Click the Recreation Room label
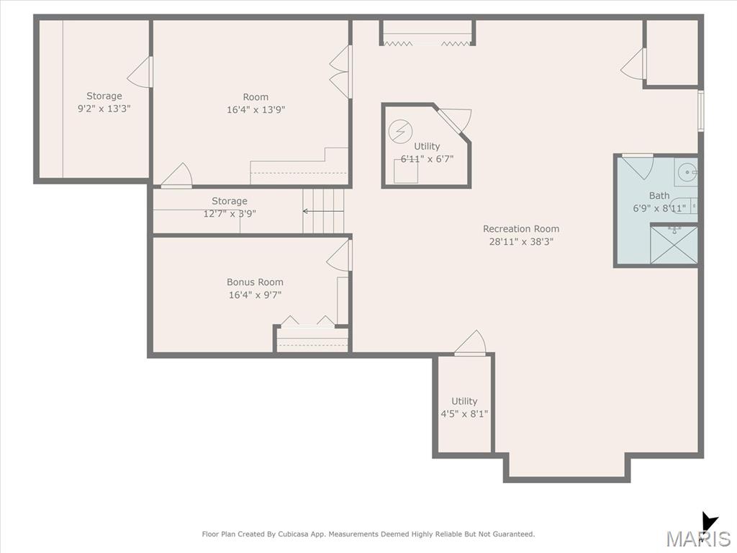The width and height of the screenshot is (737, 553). [521, 229]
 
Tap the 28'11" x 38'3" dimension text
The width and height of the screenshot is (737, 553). [521, 242]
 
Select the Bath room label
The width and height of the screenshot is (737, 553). [659, 196]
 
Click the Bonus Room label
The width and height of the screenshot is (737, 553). [255, 282]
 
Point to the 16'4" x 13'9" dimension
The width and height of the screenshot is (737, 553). [256, 109]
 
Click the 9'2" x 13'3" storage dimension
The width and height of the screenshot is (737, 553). [104, 109]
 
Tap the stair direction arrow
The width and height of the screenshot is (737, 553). [323, 211]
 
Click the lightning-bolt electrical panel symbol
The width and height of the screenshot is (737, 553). [400, 131]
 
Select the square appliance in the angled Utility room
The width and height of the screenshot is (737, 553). [406, 171]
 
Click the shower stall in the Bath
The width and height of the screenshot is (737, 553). [674, 245]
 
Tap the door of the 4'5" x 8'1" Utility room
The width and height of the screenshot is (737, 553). [470, 342]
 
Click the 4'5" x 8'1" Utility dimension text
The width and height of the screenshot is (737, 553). [464, 414]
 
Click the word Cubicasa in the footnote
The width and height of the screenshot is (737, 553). [294, 534]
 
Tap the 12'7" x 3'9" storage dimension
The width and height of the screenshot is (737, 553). [230, 214]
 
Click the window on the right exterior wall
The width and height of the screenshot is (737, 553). [701, 111]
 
